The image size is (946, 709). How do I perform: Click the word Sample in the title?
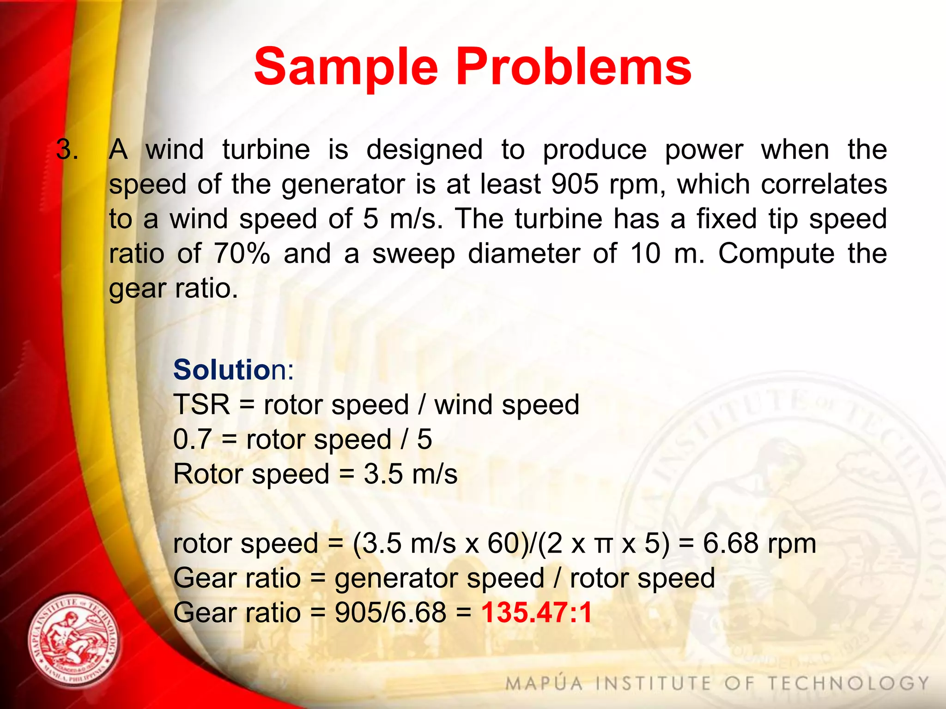click(x=346, y=67)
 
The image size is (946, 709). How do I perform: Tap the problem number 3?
click(x=67, y=150)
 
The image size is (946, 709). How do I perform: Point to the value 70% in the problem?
click(x=242, y=253)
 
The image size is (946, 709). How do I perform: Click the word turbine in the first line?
click(x=266, y=150)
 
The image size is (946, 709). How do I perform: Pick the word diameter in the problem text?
click(x=524, y=253)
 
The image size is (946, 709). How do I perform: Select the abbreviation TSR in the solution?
click(x=201, y=404)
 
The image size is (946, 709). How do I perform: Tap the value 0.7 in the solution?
click(x=192, y=439)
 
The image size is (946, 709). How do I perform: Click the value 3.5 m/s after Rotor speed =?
click(x=410, y=474)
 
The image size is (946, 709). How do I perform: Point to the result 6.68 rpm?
click(x=759, y=543)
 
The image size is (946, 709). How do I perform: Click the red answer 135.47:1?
click(x=536, y=613)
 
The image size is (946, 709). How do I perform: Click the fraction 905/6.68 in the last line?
click(x=390, y=613)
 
